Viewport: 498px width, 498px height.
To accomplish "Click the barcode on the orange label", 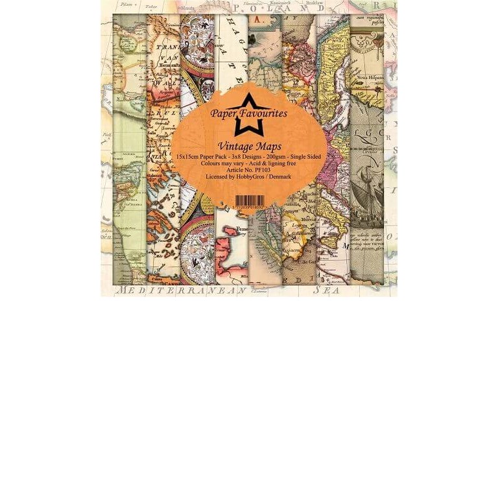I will [249, 200].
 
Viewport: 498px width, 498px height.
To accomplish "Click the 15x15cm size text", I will [191, 156].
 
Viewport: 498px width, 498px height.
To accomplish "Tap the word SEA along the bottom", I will [326, 291].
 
